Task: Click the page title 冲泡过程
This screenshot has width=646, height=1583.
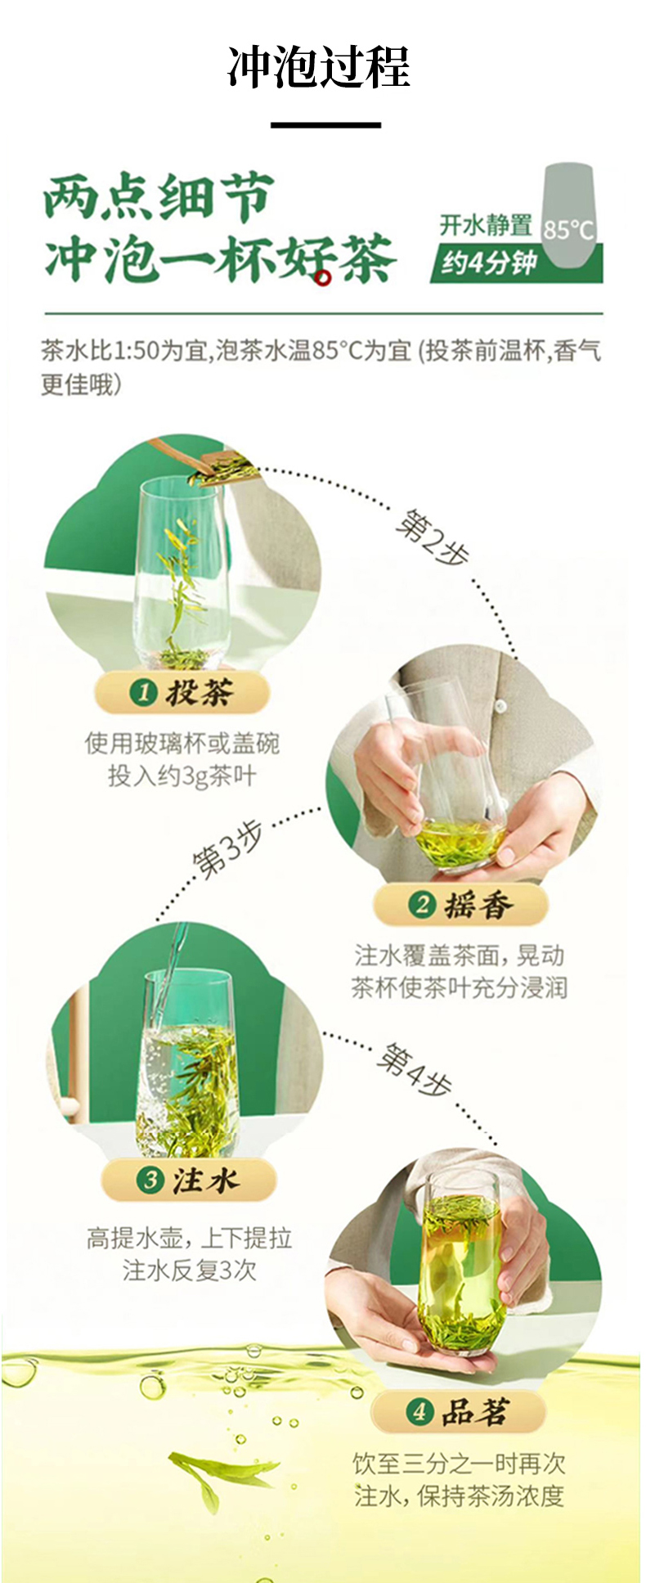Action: pyautogui.click(x=318, y=68)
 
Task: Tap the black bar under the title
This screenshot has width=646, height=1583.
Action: pyautogui.click(x=325, y=124)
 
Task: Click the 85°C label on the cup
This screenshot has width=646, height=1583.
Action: pyautogui.click(x=568, y=229)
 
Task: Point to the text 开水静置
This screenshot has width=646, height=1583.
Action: pyautogui.click(x=486, y=224)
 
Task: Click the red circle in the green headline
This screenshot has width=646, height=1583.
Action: pyautogui.click(x=325, y=278)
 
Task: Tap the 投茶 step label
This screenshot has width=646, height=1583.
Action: pyautogui.click(x=182, y=693)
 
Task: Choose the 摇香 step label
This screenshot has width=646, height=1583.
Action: pyautogui.click(x=461, y=905)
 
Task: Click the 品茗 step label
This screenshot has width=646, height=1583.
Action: pyautogui.click(x=458, y=1411)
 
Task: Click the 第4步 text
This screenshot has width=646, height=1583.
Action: pyautogui.click(x=414, y=1069)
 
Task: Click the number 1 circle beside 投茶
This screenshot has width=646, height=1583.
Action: pyautogui.click(x=143, y=693)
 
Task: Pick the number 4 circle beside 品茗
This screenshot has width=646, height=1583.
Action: pyautogui.click(x=419, y=1411)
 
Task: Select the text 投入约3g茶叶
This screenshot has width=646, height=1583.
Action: pyautogui.click(x=182, y=776)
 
